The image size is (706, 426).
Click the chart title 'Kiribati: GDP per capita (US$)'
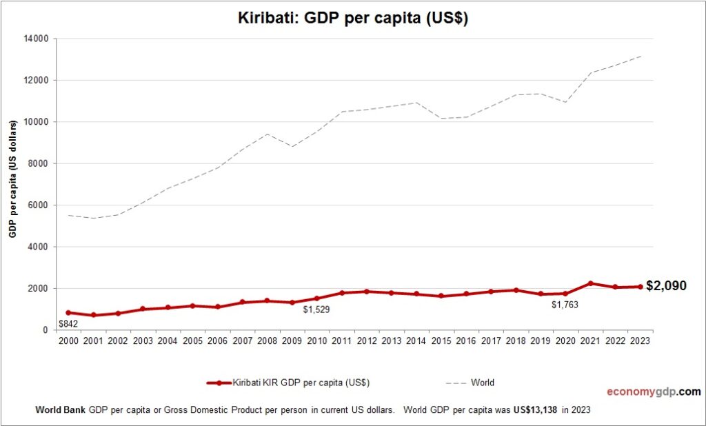(353, 19)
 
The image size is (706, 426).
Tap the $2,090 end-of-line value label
(666, 286)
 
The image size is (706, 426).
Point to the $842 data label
(68, 324)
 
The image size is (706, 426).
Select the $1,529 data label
(316, 310)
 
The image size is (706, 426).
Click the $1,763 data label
(565, 304)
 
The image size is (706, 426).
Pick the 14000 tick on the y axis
(34, 39)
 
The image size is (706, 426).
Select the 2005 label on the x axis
(192, 341)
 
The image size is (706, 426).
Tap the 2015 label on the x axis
(441, 341)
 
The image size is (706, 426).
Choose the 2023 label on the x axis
(640, 341)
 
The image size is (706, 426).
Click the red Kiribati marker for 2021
(590, 283)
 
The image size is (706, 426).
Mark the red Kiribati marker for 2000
(68, 312)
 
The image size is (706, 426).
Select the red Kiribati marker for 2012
(367, 292)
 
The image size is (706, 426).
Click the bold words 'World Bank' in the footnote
(60, 409)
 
